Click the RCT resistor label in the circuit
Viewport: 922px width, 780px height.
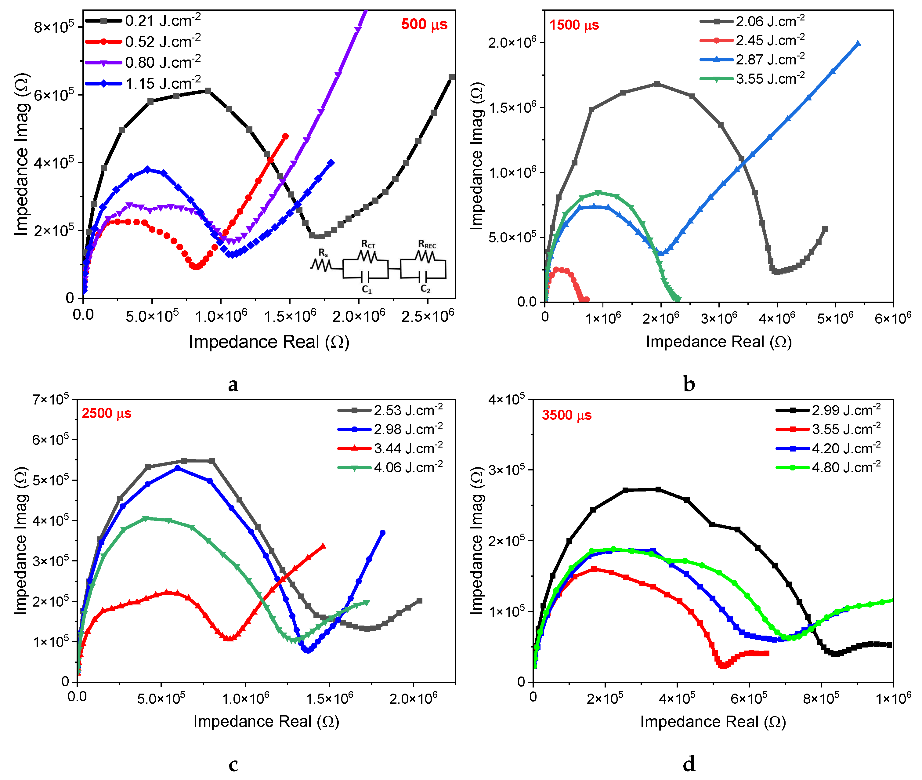click(368, 244)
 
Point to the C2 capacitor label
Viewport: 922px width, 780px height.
click(425, 289)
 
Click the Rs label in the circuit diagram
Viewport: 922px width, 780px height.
click(323, 252)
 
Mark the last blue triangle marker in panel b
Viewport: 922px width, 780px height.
click(858, 43)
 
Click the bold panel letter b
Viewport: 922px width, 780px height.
click(689, 383)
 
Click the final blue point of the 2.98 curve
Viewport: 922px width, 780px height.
click(382, 533)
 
